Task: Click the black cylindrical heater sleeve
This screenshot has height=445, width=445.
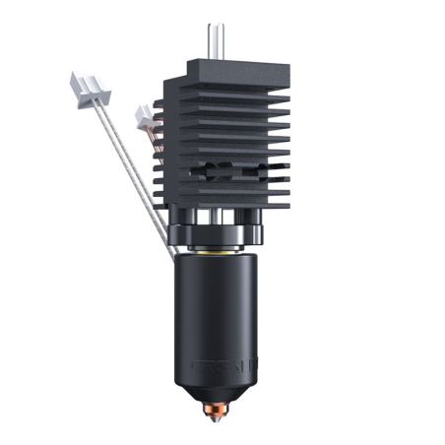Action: coord(222,315)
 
